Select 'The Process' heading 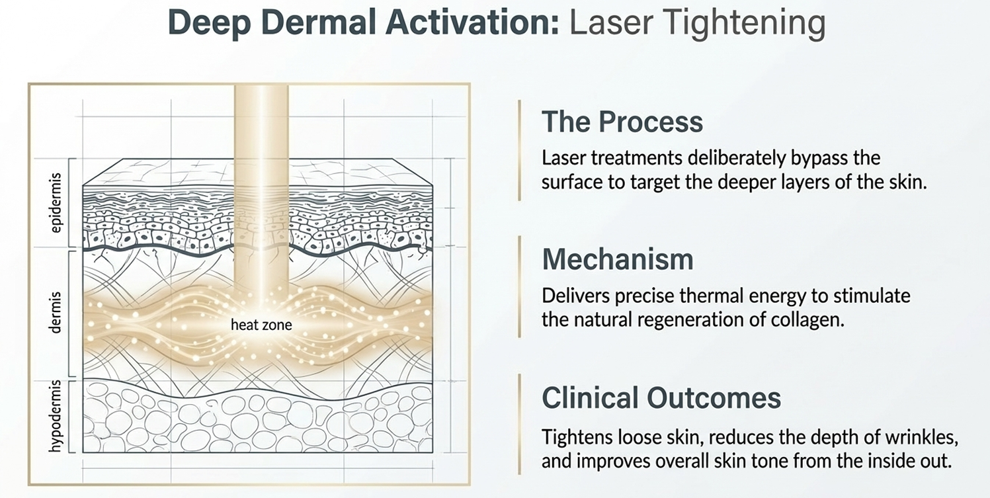point(622,122)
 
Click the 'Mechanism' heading point(618,259)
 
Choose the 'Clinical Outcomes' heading point(661,397)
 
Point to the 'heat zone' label point(261,325)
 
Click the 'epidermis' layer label point(56,203)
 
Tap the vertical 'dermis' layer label point(56,311)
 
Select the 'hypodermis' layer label point(56,415)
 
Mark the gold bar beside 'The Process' point(520,150)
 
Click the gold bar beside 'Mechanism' point(520,286)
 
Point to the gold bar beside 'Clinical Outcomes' point(520,424)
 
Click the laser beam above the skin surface point(261,122)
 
